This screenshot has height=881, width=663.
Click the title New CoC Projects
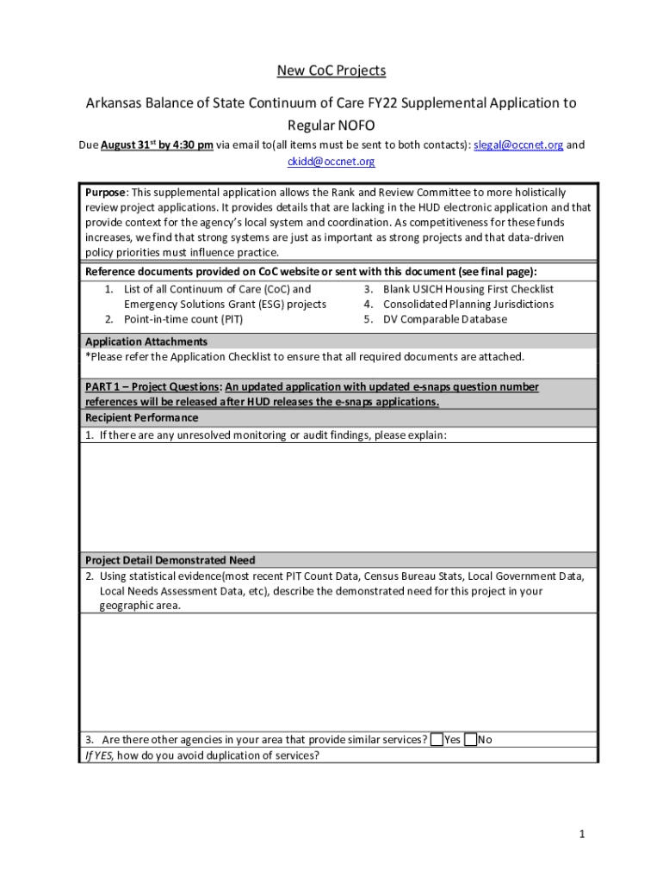tap(331, 70)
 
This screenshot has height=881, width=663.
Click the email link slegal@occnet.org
tap(518, 145)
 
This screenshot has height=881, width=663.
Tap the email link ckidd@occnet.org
tap(331, 161)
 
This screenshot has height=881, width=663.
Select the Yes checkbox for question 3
tap(437, 739)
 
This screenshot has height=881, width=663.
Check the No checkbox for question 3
tap(470, 739)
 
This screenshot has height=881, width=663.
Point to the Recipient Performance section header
tap(141, 417)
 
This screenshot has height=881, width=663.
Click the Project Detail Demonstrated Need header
tap(170, 560)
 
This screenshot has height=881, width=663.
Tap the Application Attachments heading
tap(146, 342)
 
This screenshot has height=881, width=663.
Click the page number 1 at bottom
tap(582, 834)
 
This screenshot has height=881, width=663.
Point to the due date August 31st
tap(128, 145)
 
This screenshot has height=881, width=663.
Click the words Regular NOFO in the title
tap(331, 125)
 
